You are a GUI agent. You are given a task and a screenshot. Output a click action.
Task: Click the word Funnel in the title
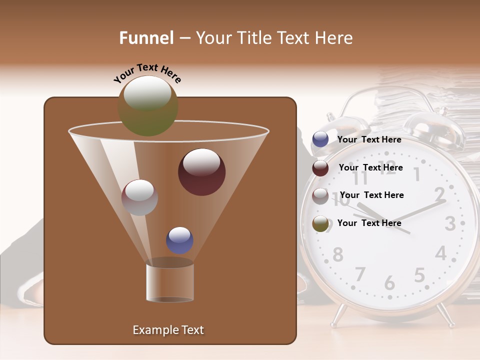[146, 38]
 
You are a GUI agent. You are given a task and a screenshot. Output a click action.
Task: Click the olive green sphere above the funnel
[148, 105]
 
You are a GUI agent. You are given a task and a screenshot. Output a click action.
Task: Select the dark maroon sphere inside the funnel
[201, 172]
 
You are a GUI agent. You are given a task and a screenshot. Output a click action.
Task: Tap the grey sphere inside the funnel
[139, 197]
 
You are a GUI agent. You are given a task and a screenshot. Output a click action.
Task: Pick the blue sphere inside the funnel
[179, 240]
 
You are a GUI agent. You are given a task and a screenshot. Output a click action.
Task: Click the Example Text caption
[168, 330]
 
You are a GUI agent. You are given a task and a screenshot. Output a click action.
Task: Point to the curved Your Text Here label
[147, 73]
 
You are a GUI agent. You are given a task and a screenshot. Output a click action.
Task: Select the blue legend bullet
[320, 139]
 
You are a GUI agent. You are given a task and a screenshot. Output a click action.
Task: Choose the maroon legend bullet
[320, 168]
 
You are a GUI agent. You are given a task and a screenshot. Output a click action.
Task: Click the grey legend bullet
[320, 196]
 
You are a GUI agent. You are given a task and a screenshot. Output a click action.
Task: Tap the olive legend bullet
[320, 224]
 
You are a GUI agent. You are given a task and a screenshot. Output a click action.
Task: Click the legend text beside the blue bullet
[369, 139]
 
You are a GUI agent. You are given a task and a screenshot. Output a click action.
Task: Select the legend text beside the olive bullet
[369, 223]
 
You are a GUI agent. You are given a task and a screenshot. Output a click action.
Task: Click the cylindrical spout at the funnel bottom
[169, 282]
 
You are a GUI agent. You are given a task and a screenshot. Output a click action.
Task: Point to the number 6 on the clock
[389, 283]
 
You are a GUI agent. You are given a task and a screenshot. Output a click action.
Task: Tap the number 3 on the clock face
[450, 223]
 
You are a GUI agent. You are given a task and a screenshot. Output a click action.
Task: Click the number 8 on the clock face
[338, 254]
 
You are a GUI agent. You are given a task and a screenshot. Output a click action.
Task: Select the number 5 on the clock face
[419, 275]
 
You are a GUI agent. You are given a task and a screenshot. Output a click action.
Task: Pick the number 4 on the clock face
[440, 253]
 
